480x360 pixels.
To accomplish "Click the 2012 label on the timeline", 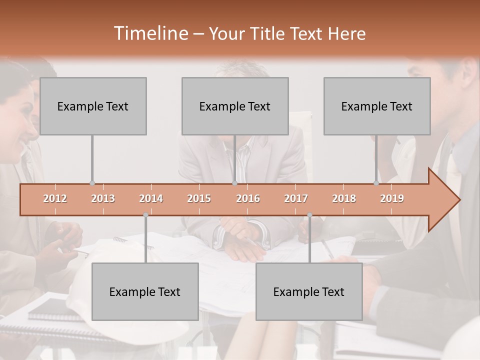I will pos(55,199).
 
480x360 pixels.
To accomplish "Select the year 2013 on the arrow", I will pos(103,199).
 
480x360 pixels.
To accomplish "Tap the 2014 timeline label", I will pos(151,199).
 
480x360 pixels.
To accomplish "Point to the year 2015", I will pos(199,199).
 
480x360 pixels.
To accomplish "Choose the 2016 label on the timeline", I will pos(248,199).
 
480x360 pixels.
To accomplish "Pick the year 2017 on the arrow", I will pos(296,199).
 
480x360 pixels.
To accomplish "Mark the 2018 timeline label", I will pos(344,199).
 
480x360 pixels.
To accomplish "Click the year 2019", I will pos(392,199).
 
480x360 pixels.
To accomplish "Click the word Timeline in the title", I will pos(150,33).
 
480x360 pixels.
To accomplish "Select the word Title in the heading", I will pos(269,34).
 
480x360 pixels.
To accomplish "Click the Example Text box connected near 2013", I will pos(93,106).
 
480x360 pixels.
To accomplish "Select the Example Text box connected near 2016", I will pos(235,106).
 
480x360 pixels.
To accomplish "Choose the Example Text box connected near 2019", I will pos(377,106).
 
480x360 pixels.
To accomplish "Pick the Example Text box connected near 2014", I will pos(145,291).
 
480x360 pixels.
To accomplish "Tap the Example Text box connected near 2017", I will pos(309,291).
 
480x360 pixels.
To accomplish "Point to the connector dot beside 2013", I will pos(92,183).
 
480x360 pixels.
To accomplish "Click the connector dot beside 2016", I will pos(235,183).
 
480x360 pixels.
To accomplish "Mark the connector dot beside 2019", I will pos(376,183).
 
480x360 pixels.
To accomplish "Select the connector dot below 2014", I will pos(145,215).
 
